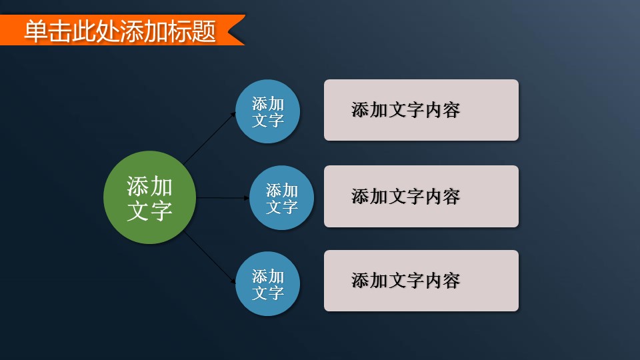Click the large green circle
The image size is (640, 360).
click(x=150, y=197)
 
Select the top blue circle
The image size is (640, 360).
click(x=268, y=111)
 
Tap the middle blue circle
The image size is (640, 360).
click(x=281, y=197)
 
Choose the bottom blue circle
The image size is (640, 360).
click(x=268, y=284)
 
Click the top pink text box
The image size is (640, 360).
click(x=421, y=110)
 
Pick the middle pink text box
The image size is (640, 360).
click(x=421, y=196)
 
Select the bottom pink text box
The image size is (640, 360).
click(x=421, y=281)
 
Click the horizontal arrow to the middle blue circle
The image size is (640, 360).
click(x=223, y=198)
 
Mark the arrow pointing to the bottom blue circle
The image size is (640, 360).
click(x=210, y=257)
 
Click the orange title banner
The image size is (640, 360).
click(x=123, y=30)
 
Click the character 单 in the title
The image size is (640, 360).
click(x=36, y=31)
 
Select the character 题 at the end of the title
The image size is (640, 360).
click(x=204, y=31)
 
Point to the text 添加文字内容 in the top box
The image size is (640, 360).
click(x=406, y=110)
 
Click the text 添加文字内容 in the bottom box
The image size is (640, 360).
click(x=406, y=281)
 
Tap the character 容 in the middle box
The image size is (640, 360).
click(x=451, y=197)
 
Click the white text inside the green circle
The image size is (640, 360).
click(x=150, y=199)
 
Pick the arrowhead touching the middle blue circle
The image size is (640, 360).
click(x=247, y=198)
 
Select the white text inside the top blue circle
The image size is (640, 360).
click(x=268, y=112)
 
